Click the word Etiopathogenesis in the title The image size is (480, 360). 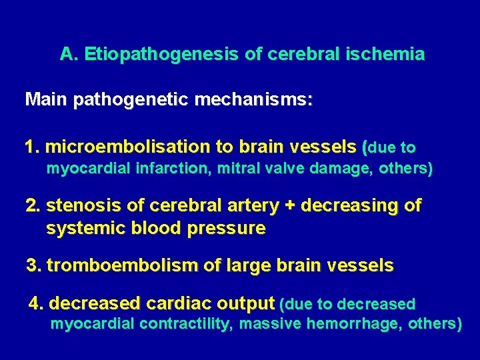(162, 55)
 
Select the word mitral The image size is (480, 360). (235, 169)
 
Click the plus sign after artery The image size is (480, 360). (290, 206)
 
